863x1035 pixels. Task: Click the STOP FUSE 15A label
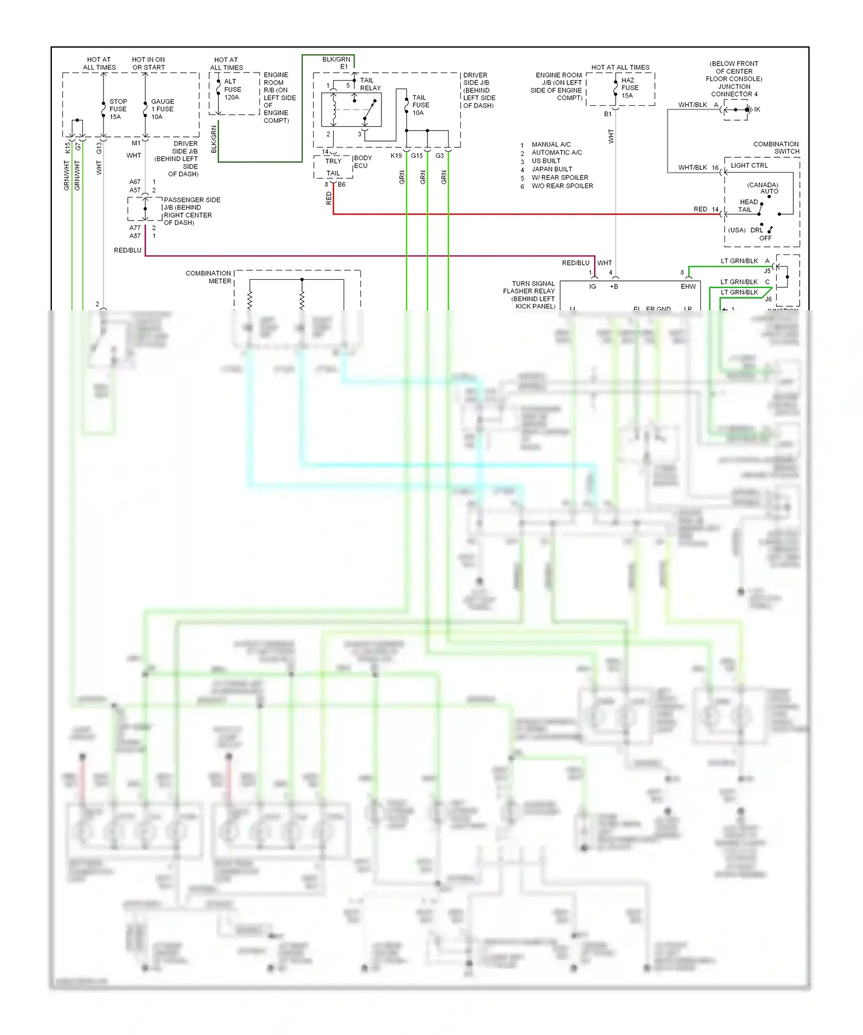coord(118,109)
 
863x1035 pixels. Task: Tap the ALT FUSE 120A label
coord(232,89)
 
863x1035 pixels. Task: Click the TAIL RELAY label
coord(369,84)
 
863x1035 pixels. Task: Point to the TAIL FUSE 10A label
coord(420,105)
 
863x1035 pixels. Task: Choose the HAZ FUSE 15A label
coord(629,88)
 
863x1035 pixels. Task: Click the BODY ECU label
coord(362,162)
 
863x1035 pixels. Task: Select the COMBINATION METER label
coord(208,277)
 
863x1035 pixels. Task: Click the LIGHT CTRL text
coord(749,166)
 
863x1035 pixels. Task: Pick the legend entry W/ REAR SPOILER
coord(559,178)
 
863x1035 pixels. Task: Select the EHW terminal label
coord(688,287)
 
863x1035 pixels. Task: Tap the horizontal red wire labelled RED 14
coord(518,214)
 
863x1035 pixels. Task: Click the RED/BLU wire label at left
coord(127,250)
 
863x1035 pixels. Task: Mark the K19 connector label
coord(396,156)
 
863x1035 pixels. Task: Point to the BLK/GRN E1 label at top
coord(337,63)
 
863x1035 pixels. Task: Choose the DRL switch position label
coord(756,230)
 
